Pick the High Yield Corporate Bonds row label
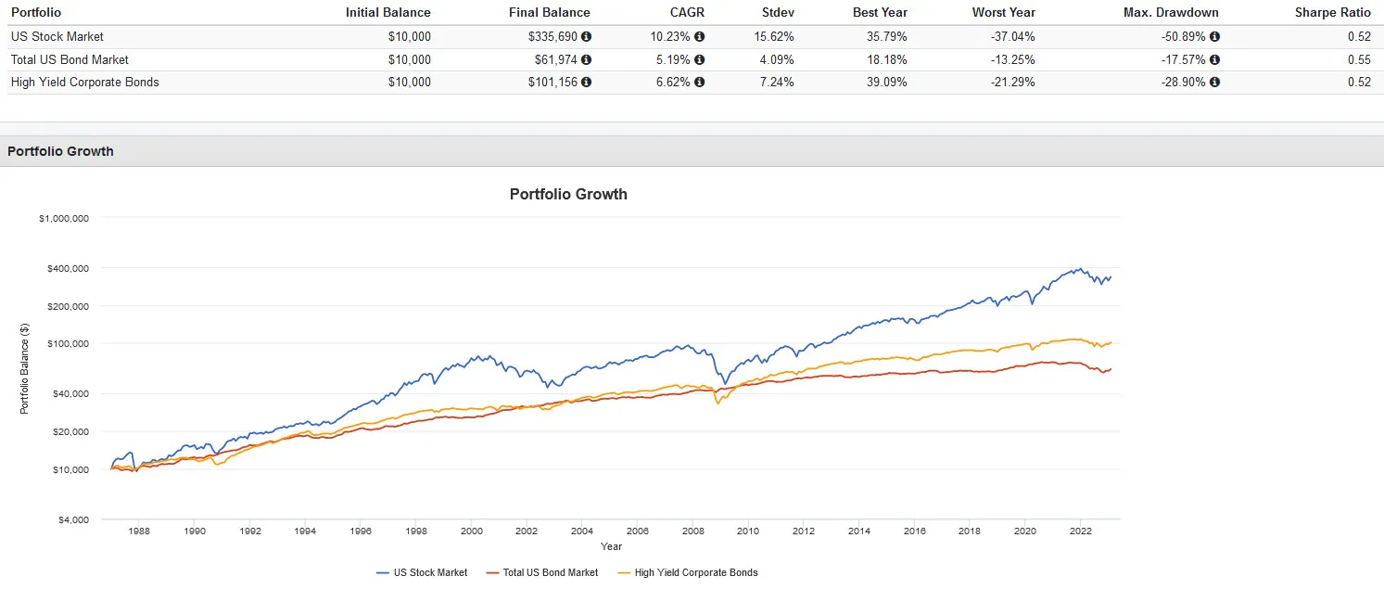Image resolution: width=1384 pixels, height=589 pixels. (x=84, y=82)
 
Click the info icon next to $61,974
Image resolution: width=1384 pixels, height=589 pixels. (x=586, y=59)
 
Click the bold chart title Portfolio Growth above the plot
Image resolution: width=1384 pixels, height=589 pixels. (x=568, y=195)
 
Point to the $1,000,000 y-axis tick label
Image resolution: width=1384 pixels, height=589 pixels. (x=64, y=219)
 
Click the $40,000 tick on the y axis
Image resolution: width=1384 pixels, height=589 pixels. (x=69, y=393)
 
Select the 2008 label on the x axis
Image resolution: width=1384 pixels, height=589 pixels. (x=692, y=531)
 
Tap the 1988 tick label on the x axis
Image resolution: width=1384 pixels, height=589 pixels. (x=139, y=531)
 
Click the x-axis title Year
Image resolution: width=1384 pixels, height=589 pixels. (x=610, y=546)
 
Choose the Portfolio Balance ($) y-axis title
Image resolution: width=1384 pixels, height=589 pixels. (x=25, y=368)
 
